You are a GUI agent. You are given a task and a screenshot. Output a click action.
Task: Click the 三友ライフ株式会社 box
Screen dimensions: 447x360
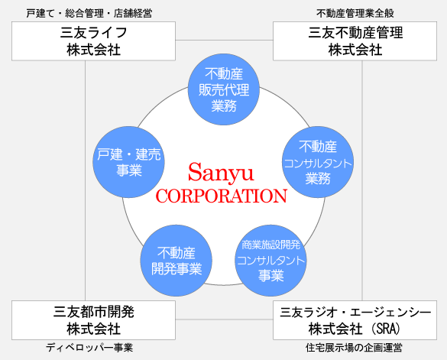pyautogui.click(x=93, y=41)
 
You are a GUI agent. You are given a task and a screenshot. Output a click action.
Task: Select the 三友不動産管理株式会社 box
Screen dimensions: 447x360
pyautogui.click(x=355, y=41)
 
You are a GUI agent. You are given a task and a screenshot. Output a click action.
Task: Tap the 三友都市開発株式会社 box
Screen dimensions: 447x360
pyautogui.click(x=93, y=320)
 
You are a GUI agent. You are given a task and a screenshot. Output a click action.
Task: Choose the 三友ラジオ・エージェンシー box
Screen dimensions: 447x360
pyautogui.click(x=355, y=320)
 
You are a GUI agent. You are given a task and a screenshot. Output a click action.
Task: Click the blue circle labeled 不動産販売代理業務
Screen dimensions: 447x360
pyautogui.click(x=224, y=89)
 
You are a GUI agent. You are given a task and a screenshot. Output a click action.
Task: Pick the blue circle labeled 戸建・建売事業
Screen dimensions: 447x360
pyautogui.click(x=129, y=162)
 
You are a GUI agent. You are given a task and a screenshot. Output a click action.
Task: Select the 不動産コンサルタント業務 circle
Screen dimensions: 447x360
pyautogui.click(x=318, y=162)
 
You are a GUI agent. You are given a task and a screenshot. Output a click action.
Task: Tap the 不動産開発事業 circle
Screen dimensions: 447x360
pyautogui.click(x=177, y=261)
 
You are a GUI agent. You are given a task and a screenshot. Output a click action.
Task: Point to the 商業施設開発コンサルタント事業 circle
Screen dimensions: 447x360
pyautogui.click(x=270, y=261)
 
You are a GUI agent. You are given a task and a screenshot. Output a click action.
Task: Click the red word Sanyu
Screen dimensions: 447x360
pyautogui.click(x=221, y=172)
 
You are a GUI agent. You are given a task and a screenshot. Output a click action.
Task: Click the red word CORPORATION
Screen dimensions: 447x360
pyautogui.click(x=222, y=196)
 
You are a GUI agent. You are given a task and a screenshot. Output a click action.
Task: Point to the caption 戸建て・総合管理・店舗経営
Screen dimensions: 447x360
pyautogui.click(x=89, y=13)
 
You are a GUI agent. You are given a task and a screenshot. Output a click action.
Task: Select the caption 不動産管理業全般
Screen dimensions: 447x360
pyautogui.click(x=355, y=13)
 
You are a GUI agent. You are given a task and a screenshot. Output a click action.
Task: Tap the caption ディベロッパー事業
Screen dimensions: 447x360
pyautogui.click(x=89, y=348)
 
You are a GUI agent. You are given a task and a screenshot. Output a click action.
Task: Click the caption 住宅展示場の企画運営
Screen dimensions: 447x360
pyautogui.click(x=354, y=348)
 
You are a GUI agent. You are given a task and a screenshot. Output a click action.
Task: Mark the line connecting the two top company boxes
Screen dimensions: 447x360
pyautogui.click(x=224, y=41)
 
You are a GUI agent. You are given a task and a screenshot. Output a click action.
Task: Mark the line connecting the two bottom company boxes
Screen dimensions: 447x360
pyautogui.click(x=224, y=319)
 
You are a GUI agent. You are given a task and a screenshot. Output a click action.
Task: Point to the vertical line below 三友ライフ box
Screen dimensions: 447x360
pyautogui.click(x=86, y=180)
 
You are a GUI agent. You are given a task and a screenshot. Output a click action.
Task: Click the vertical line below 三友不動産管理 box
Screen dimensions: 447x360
pyautogui.click(x=362, y=180)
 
